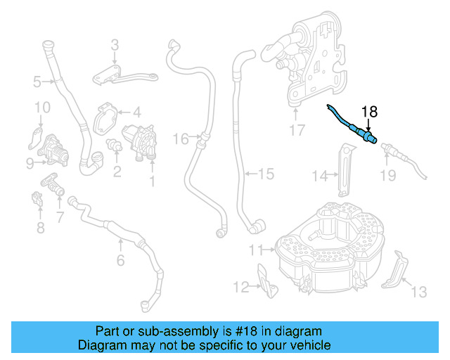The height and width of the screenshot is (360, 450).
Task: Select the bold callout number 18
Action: pyautogui.click(x=369, y=111)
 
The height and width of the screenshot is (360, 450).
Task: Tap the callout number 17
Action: pyautogui.click(x=297, y=130)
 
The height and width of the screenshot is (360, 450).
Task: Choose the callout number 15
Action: pyautogui.click(x=265, y=172)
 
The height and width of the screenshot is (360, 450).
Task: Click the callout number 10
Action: pyautogui.click(x=42, y=108)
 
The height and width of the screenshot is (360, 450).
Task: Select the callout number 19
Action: pyautogui.click(x=388, y=175)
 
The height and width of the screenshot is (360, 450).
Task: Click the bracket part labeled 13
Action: pyautogui.click(x=396, y=270)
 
